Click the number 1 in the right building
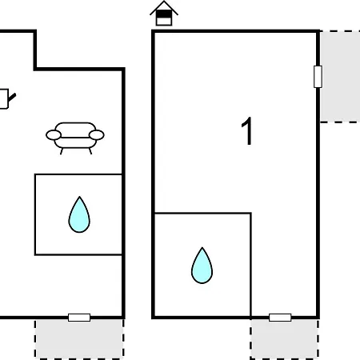247,131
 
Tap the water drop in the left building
79,215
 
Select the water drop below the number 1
202,266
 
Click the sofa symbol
75,138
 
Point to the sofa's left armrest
54,135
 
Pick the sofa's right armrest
97,135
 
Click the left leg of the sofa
62,151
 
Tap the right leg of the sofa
90,151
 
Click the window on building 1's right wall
318,77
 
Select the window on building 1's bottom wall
280,318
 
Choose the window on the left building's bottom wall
79,318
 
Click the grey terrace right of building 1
340,77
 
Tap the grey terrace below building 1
285,339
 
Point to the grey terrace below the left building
79,339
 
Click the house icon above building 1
164,14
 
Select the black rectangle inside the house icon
164,14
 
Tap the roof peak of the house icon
164,2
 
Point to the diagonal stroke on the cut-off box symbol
12,98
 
